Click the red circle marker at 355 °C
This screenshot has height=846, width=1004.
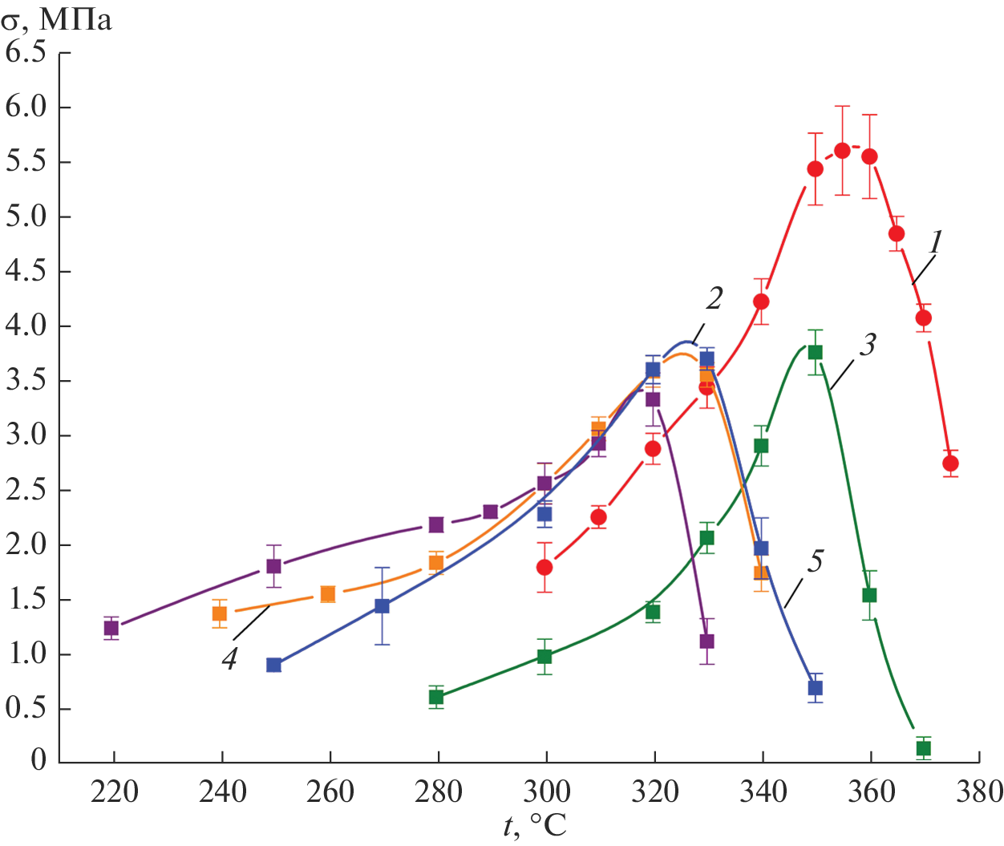(842, 151)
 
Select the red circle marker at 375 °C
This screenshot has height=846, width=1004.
(950, 463)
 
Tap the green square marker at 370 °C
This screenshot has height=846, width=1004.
(923, 748)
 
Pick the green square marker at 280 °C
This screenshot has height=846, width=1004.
(436, 697)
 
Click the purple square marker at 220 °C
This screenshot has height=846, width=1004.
(111, 628)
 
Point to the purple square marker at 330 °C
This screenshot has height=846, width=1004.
(706, 642)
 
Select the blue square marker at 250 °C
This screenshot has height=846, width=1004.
(273, 665)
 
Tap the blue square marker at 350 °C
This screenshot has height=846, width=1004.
(815, 687)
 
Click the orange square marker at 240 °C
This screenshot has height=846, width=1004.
(220, 613)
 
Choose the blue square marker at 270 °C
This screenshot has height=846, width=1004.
(382, 606)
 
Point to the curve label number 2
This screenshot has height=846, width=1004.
(714, 299)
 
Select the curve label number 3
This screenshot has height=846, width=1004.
(868, 345)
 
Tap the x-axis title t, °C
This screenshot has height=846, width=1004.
(535, 826)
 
